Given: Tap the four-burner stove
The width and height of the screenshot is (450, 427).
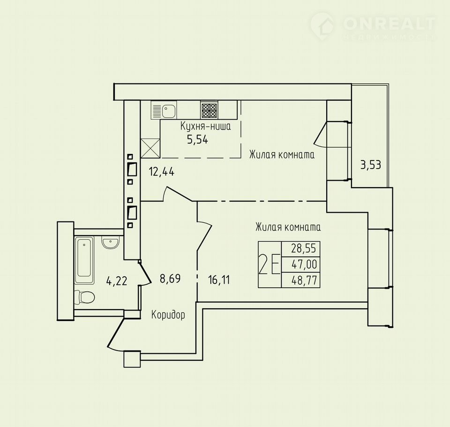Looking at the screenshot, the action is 209,110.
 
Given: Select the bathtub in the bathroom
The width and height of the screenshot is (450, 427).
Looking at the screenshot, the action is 84,260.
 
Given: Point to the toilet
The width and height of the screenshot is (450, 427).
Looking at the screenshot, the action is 84,297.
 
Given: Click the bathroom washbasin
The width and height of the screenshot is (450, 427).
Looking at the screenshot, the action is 110,242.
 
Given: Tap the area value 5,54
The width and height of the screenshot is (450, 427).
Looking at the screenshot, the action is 197,140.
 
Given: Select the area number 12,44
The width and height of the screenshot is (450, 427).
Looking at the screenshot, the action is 162,172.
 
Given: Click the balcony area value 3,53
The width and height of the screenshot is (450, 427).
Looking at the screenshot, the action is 371,165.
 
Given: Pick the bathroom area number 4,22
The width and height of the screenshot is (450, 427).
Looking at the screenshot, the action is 117,281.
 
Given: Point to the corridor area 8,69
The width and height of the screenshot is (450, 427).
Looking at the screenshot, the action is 170,278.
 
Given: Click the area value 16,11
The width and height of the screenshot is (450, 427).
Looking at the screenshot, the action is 219,280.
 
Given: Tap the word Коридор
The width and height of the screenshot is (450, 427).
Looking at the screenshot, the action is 168,315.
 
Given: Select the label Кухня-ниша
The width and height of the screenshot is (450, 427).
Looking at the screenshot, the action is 205,126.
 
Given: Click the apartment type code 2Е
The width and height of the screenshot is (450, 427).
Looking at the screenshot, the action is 269,264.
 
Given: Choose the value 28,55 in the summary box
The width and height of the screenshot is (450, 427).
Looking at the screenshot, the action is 304,248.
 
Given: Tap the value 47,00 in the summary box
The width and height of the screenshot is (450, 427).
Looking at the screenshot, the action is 304,264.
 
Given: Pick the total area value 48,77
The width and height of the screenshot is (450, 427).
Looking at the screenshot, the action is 304,280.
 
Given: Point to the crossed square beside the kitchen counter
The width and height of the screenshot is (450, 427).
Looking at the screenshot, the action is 150,148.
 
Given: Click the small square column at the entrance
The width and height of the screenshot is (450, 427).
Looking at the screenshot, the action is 132,359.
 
